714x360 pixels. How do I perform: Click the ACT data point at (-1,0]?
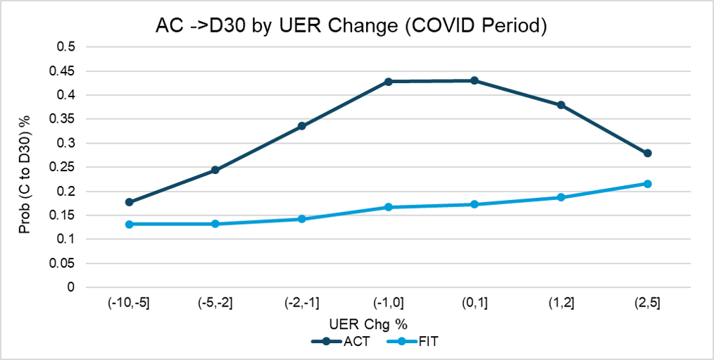click(x=388, y=82)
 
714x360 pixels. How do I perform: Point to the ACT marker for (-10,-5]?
click(x=129, y=202)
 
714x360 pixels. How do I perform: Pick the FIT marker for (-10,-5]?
click(x=129, y=224)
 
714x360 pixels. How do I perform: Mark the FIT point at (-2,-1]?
click(x=301, y=218)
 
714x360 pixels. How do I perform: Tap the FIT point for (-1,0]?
click(x=388, y=207)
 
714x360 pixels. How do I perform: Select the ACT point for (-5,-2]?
click(x=215, y=170)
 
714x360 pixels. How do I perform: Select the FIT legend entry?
click(x=412, y=342)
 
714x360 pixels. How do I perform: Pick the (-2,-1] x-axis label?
click(x=301, y=304)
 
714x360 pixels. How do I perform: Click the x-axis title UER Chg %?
click(x=368, y=325)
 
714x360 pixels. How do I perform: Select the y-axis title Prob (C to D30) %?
click(x=25, y=167)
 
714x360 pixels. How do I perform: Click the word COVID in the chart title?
click(x=426, y=27)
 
